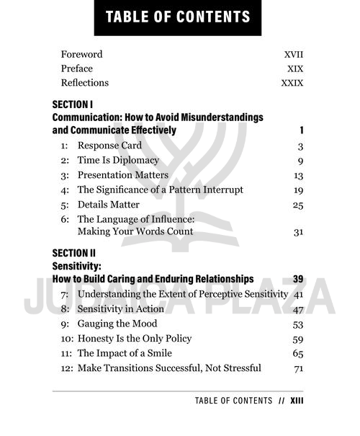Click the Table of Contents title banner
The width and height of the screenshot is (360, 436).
(177, 17)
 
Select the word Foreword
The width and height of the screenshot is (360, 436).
(81, 54)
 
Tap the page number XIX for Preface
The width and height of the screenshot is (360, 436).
(294, 68)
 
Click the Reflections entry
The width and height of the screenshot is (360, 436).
(85, 83)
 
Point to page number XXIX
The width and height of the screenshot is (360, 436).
(292, 83)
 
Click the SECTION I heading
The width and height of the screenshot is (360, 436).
(73, 104)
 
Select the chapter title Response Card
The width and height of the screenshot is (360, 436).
(109, 146)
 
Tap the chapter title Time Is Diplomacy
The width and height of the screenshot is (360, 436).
(118, 160)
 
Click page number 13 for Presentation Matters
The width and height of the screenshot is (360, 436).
(298, 175)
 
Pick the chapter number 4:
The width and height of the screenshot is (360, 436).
(65, 190)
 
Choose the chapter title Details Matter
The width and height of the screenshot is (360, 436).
(109, 205)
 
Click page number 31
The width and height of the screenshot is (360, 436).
(298, 232)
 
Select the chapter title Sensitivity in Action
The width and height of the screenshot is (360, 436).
(121, 309)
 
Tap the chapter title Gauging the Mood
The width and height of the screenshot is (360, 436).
(117, 324)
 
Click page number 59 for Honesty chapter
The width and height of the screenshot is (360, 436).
(298, 339)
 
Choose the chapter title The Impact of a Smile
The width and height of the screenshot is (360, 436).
(125, 353)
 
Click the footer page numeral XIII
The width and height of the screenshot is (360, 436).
(297, 401)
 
